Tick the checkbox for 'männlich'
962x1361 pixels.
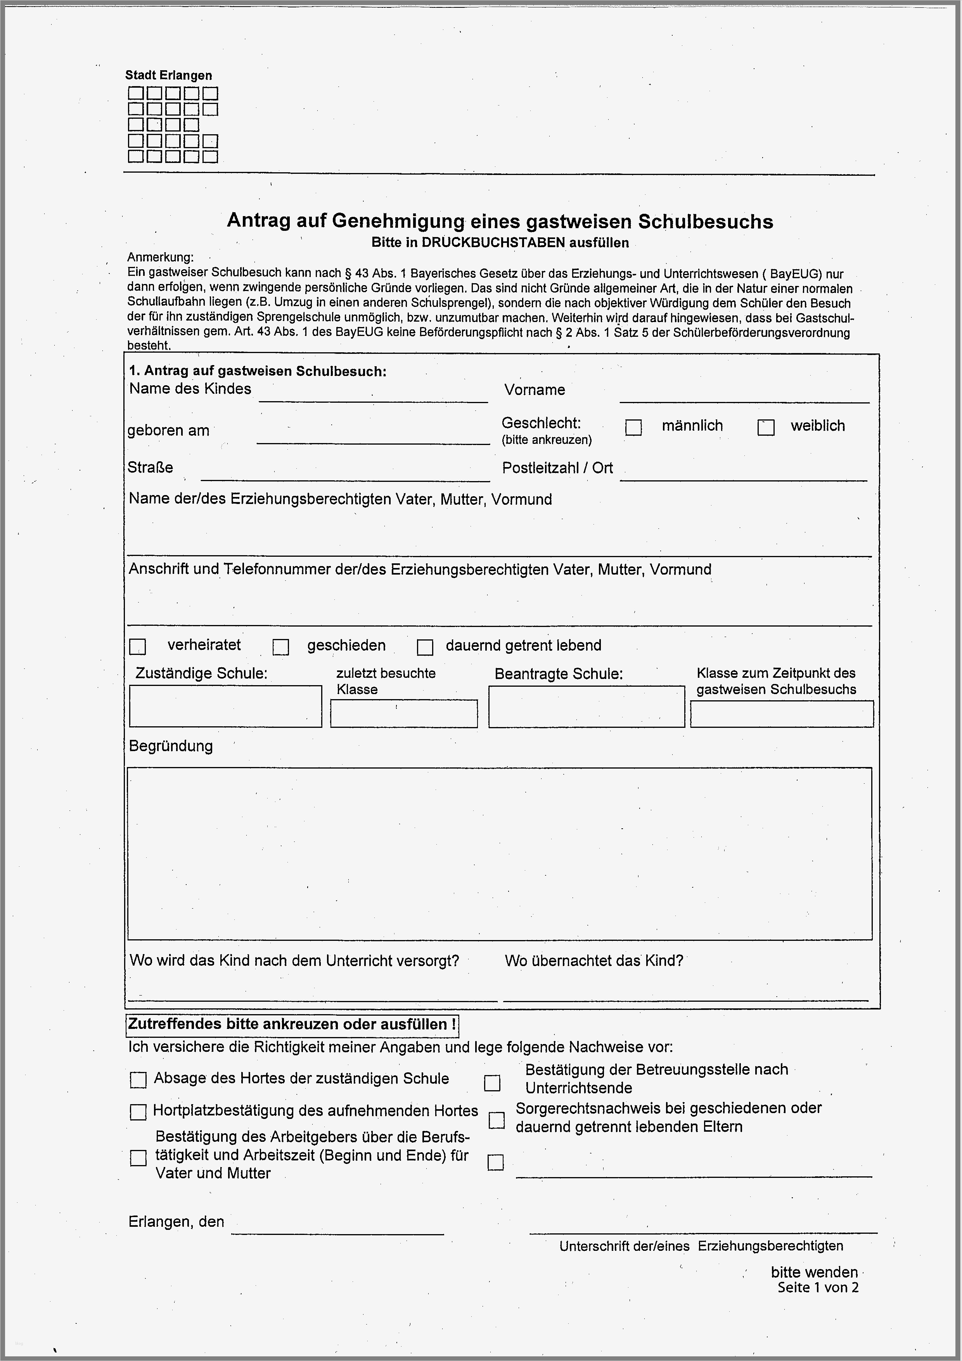[x=633, y=428]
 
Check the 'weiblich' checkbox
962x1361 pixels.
[x=765, y=428]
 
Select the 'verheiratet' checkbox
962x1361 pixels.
[x=138, y=646]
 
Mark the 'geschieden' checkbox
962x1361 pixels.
[x=280, y=647]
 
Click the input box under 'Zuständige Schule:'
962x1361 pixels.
[x=225, y=706]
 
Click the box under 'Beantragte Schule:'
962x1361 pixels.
[x=586, y=706]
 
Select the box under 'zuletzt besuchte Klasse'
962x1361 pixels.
[x=404, y=714]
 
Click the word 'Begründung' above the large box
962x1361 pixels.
[x=171, y=746]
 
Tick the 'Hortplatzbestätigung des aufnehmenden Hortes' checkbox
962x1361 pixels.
[x=138, y=1112]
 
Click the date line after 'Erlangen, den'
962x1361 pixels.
[x=337, y=1226]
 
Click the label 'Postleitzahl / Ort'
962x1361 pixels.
[x=557, y=468]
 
